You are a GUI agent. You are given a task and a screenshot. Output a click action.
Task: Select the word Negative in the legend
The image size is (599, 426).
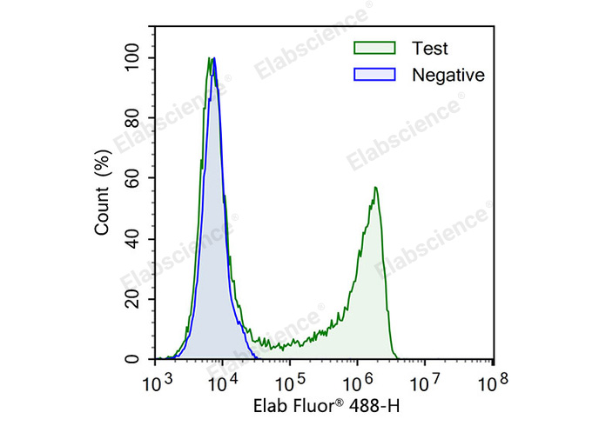[x=449, y=75]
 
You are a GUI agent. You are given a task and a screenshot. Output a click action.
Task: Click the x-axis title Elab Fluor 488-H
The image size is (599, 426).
[x=326, y=406]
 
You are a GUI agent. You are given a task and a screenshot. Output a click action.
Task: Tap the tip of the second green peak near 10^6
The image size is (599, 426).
[x=375, y=187]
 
